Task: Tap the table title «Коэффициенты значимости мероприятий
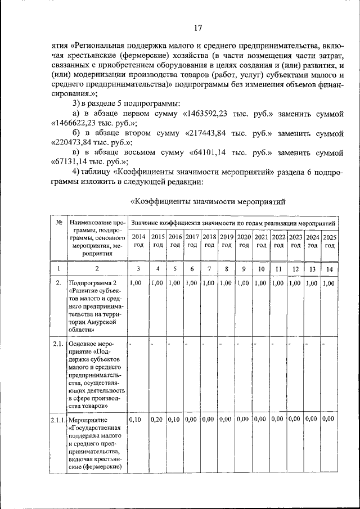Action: tap(209, 201)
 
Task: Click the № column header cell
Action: tap(58, 223)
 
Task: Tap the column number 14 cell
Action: tap(330, 269)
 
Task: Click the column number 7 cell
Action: tap(209, 269)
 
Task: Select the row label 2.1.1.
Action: tap(58, 420)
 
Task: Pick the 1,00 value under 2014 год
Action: tap(136, 283)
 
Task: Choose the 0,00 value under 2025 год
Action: tap(330, 419)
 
